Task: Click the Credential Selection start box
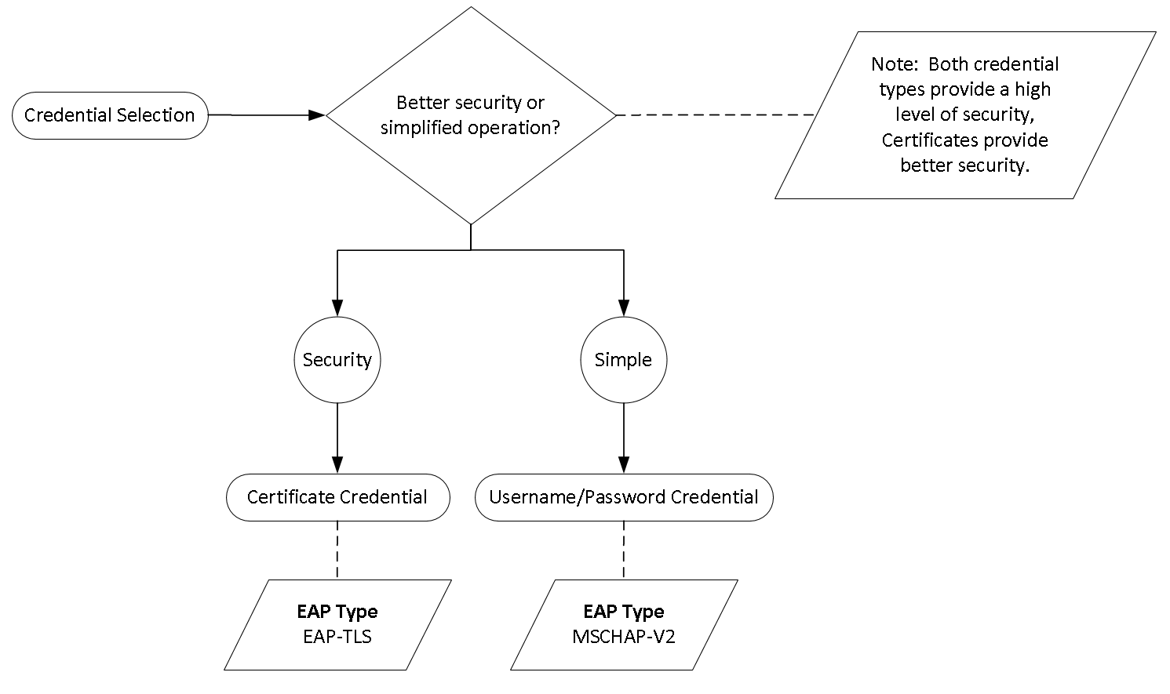pyautogui.click(x=110, y=115)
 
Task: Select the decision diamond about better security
pyautogui.click(x=470, y=115)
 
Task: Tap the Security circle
pyautogui.click(x=337, y=360)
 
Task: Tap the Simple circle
pyautogui.click(x=624, y=360)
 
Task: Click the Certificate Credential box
pyautogui.click(x=337, y=497)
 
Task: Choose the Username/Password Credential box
pyautogui.click(x=624, y=497)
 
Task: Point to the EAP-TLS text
pyautogui.click(x=337, y=636)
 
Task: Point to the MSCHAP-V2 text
pyautogui.click(x=624, y=636)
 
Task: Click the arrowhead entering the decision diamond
pyautogui.click(x=316, y=115)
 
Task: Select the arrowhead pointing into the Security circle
pyautogui.click(x=337, y=308)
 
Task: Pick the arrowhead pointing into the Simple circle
pyautogui.click(x=624, y=308)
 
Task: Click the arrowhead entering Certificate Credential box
pyautogui.click(x=337, y=464)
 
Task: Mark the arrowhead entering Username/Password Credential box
pyautogui.click(x=624, y=464)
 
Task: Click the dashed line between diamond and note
pyautogui.click(x=714, y=115)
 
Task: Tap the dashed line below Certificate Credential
pyautogui.click(x=337, y=549)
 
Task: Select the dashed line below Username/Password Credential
pyautogui.click(x=624, y=549)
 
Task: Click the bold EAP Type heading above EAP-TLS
pyautogui.click(x=337, y=612)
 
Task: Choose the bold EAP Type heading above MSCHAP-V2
pyautogui.click(x=624, y=612)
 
